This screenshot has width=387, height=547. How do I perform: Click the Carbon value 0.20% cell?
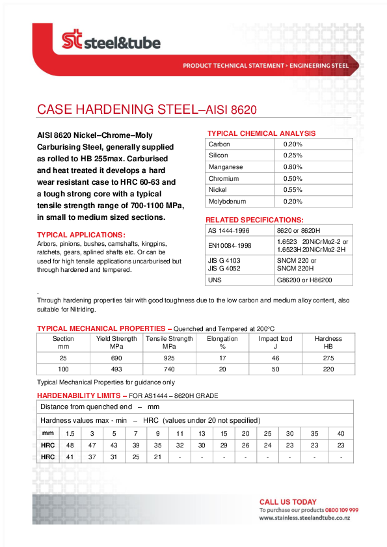[293, 144]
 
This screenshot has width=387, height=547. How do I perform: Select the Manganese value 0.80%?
[293, 167]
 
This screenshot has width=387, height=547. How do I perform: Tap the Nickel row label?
[218, 190]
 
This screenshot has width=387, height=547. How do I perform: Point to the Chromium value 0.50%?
[293, 179]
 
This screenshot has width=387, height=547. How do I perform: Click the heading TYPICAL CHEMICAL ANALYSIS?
[260, 133]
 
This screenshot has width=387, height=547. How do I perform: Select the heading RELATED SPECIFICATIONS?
[254, 220]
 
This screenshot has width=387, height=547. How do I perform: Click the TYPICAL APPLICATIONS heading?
[81, 235]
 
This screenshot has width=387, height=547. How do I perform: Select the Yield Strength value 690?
[116, 358]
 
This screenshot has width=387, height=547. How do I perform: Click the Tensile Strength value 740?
[169, 369]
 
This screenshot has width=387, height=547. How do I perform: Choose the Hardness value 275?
[328, 358]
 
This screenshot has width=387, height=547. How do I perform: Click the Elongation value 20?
[222, 369]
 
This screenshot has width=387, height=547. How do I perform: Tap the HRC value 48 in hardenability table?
[70, 445]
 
